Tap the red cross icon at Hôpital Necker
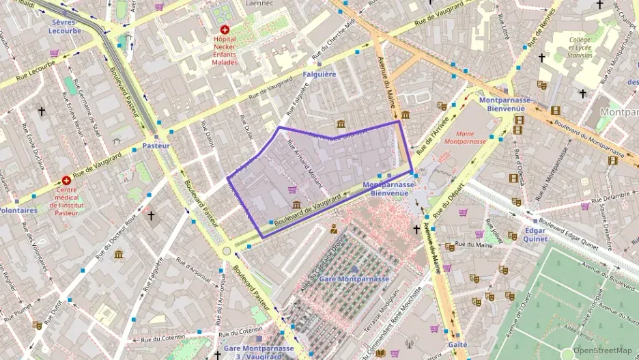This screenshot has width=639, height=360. tap(225, 30)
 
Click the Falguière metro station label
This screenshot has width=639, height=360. tap(319, 74)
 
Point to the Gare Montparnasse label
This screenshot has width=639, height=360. tap(354, 279)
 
